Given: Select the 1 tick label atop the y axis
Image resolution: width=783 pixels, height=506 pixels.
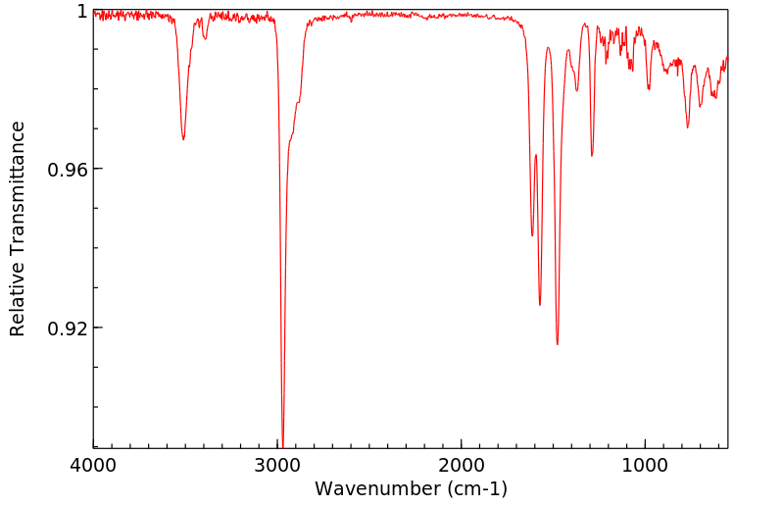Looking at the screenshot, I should pos(82,12).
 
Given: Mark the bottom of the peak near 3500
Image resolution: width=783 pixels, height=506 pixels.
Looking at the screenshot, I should pos(183,139).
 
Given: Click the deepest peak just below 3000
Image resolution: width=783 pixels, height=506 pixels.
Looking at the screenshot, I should pos(282,444).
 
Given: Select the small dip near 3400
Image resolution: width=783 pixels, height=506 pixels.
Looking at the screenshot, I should pos(205,38).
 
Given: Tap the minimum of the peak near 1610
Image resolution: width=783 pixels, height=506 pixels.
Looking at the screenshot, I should pos(532,235).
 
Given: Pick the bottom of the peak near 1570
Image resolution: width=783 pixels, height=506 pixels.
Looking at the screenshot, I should pos(540,305).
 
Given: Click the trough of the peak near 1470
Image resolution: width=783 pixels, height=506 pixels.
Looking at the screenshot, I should pos(558,344).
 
